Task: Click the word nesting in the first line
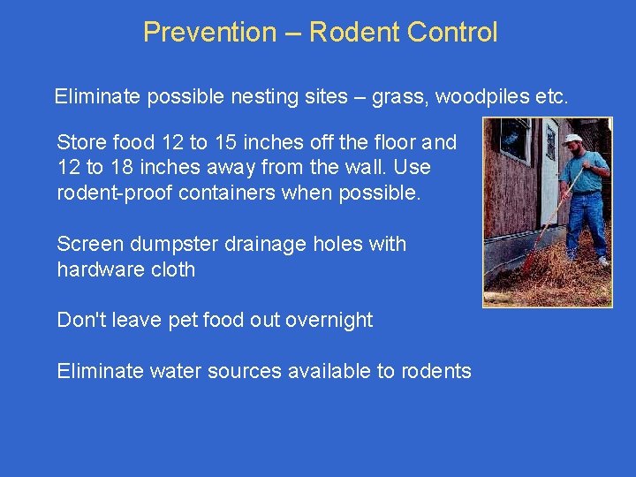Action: (239, 96)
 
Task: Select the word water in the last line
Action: (175, 371)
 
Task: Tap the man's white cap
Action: (572, 139)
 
